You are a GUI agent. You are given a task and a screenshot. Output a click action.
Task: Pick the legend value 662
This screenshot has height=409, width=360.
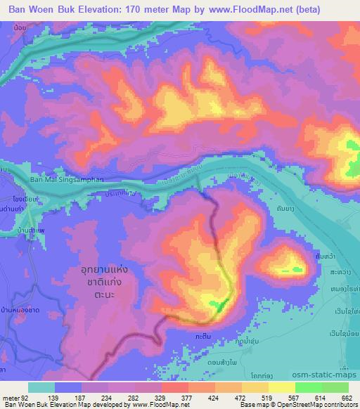(x=346, y=398)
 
